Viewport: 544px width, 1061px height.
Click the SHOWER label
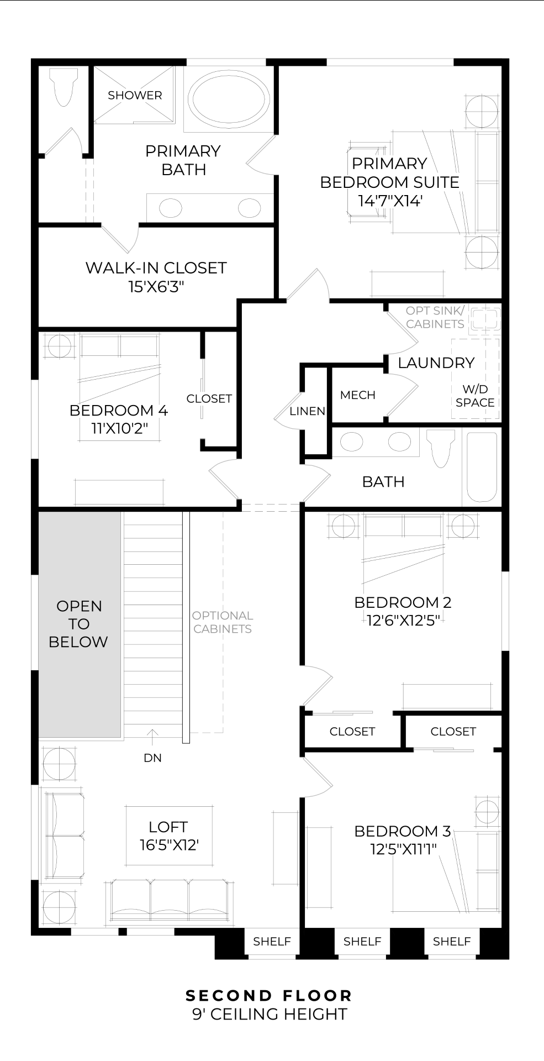point(135,95)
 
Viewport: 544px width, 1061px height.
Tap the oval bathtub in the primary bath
point(228,99)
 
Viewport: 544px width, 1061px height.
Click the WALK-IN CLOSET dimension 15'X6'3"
point(156,287)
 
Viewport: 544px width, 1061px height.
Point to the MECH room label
point(357,395)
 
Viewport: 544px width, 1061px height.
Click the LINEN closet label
point(307,411)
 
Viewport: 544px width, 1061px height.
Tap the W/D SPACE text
point(474,396)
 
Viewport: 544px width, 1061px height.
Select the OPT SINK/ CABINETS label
point(435,317)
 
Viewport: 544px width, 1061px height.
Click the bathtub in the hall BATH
point(482,467)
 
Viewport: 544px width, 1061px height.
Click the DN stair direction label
point(152,758)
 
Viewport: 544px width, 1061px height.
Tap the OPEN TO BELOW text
point(78,624)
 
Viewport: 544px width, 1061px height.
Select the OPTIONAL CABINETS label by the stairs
point(223,622)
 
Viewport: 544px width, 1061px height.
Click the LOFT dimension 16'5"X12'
point(168,845)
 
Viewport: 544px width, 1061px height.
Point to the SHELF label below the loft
point(272,941)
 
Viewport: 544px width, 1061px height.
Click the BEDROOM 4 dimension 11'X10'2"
point(119,428)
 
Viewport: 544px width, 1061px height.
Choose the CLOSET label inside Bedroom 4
point(209,398)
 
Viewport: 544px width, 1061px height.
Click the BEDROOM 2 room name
point(403,602)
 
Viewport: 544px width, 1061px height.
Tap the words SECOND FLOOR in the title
point(269,995)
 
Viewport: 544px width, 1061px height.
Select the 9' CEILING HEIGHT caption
point(270,1014)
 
